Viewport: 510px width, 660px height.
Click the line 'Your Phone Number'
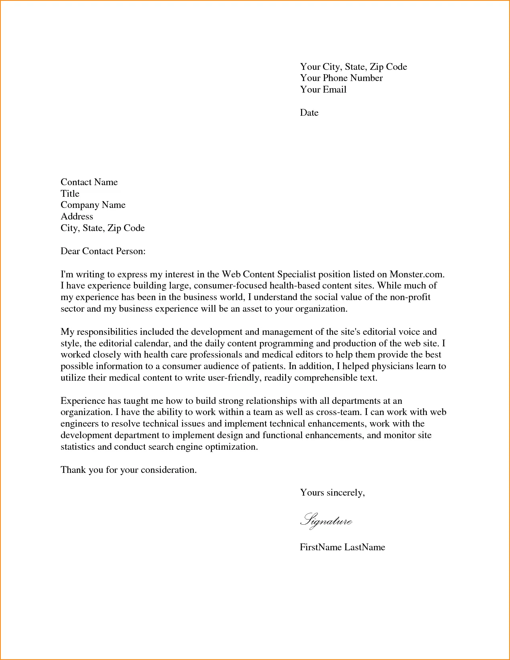(x=341, y=78)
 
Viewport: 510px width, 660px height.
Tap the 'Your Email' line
(x=323, y=90)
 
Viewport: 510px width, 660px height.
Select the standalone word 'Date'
(x=309, y=113)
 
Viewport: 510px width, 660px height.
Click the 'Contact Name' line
(x=89, y=182)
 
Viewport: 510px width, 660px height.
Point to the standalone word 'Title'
(x=70, y=194)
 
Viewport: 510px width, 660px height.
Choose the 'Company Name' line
(x=93, y=205)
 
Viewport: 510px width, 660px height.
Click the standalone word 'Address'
(x=77, y=217)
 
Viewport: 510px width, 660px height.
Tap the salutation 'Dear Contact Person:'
(x=103, y=251)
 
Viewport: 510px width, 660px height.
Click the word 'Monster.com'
(x=417, y=275)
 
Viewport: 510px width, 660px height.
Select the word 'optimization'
(x=231, y=447)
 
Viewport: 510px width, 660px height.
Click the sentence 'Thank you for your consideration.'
(x=128, y=470)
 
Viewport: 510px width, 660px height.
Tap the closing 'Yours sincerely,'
(x=332, y=493)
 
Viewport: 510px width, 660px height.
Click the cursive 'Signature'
(x=326, y=520)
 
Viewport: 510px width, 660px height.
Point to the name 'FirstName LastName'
(x=342, y=547)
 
